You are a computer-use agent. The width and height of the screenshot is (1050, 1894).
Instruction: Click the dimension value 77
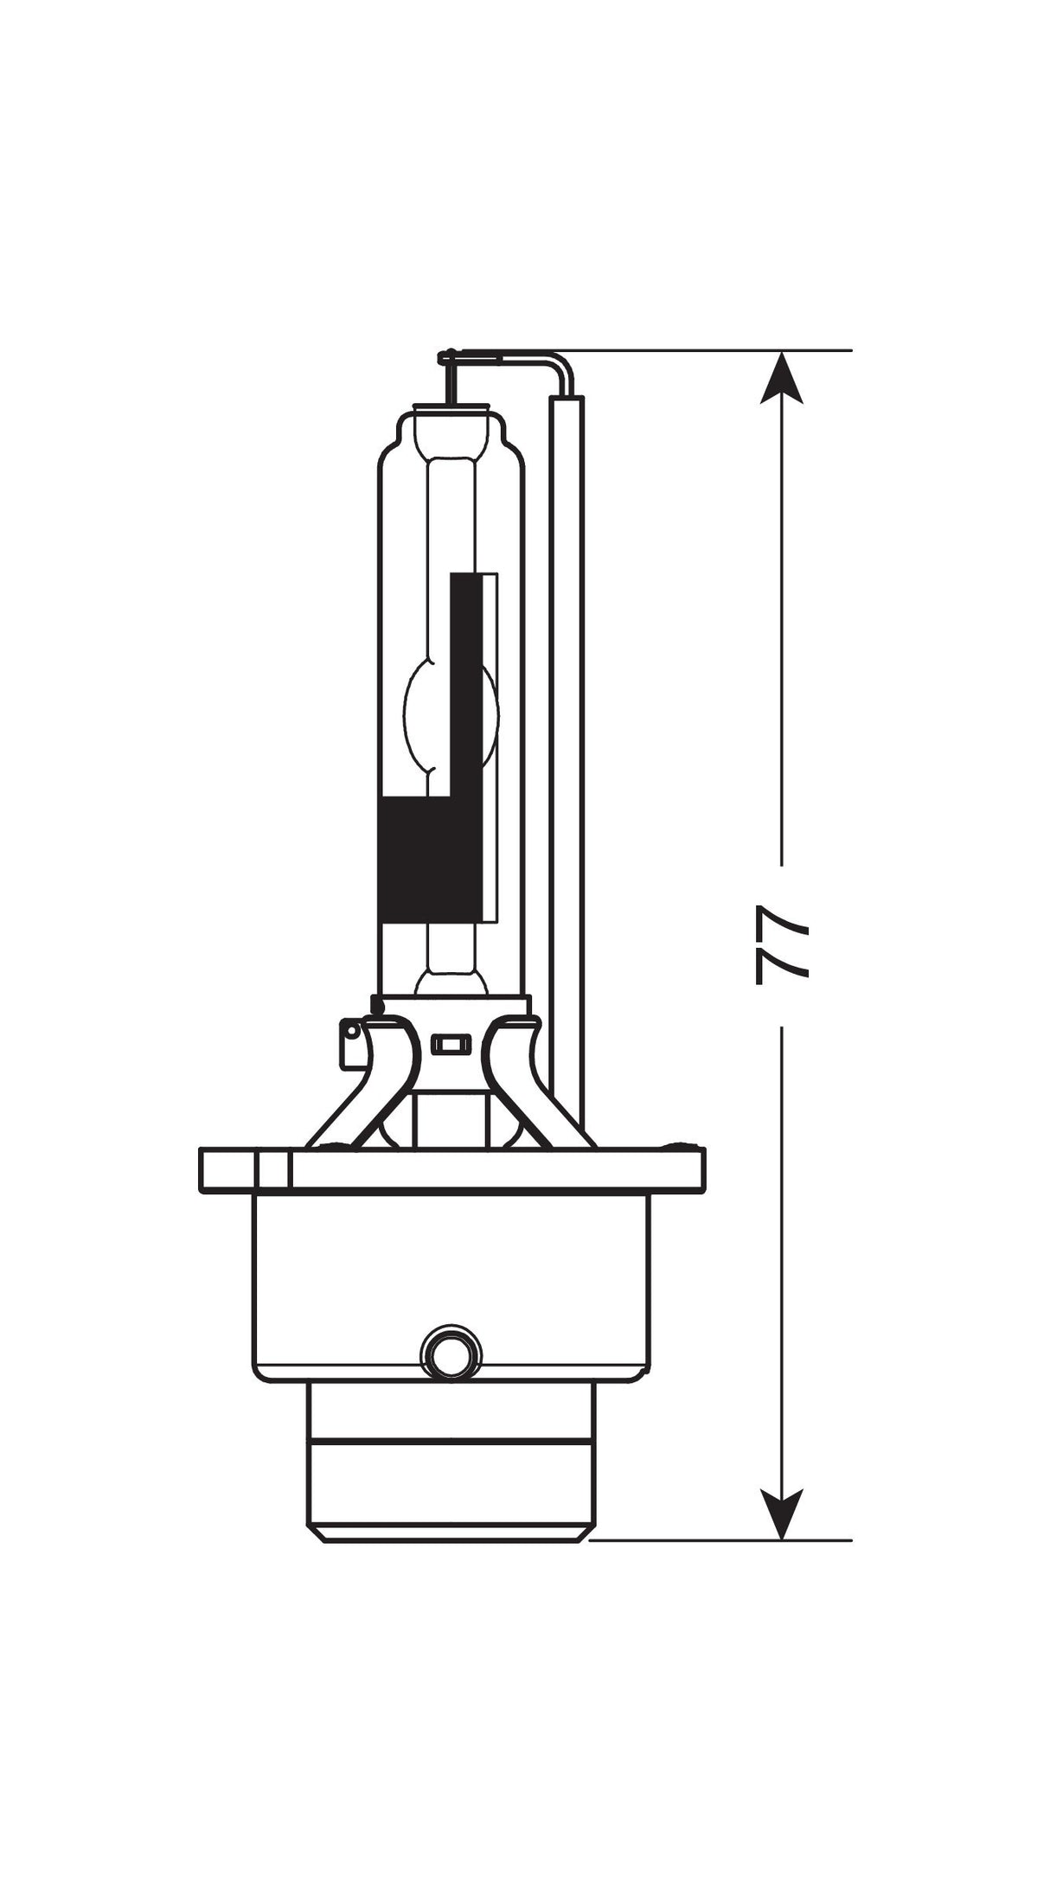[781, 945]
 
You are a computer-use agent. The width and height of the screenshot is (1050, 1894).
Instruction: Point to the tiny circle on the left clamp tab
[350, 1031]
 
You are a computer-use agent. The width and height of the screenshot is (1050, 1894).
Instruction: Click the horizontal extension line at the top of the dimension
[709, 351]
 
